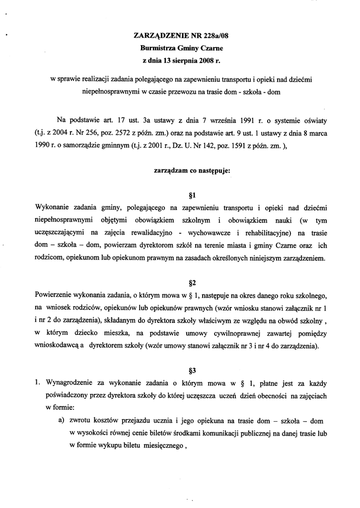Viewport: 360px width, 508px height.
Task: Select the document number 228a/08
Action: pyautogui.click(x=214, y=36)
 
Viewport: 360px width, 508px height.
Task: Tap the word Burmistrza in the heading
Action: pyautogui.click(x=159, y=49)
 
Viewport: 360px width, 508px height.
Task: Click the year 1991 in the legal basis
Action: pyautogui.click(x=242, y=121)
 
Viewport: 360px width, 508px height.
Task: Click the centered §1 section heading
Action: pyautogui.click(x=180, y=194)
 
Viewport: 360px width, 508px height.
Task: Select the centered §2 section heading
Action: pyautogui.click(x=180, y=283)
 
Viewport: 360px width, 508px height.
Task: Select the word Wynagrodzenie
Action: pyautogui.click(x=71, y=383)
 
